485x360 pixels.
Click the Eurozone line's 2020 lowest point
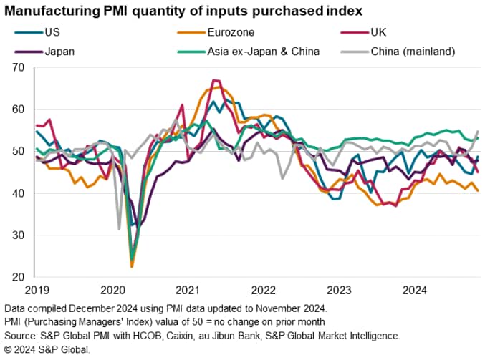pos(132,267)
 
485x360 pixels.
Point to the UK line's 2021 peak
pos(213,80)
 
